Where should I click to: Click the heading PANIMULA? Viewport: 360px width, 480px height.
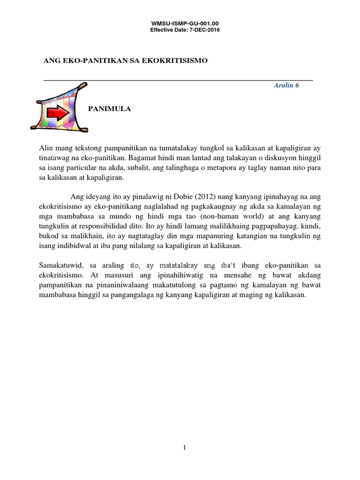pos(110,109)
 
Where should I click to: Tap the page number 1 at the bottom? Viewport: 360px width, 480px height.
pos(185,448)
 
